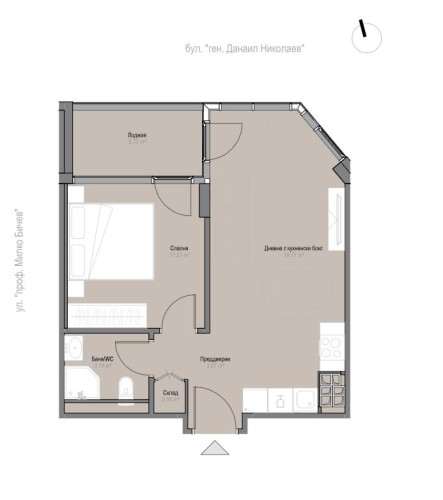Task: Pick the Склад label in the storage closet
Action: (x=169, y=394)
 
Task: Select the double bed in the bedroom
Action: (x=110, y=251)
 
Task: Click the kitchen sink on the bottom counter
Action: (x=283, y=400)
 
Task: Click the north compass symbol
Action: (x=366, y=36)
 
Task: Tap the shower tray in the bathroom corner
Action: (x=80, y=391)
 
